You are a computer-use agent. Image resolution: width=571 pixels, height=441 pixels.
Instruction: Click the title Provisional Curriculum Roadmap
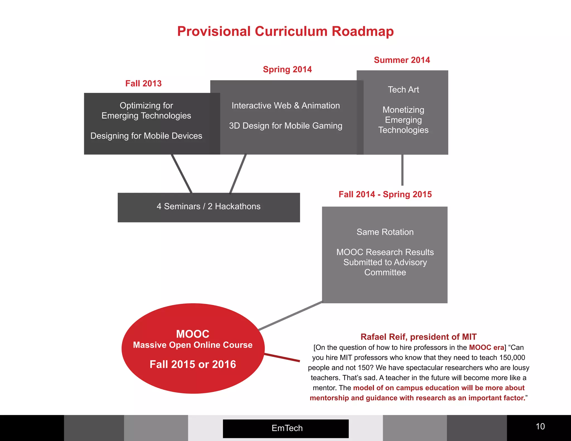pyautogui.click(x=285, y=31)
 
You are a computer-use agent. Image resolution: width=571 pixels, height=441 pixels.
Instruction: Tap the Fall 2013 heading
pyautogui.click(x=143, y=83)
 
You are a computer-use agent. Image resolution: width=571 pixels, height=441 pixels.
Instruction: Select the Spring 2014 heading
pyautogui.click(x=287, y=69)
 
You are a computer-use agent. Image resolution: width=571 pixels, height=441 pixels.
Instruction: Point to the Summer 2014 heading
pyautogui.click(x=402, y=60)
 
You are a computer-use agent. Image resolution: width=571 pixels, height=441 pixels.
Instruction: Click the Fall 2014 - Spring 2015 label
pyautogui.click(x=385, y=194)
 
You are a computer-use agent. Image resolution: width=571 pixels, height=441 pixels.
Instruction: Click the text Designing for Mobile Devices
pyautogui.click(x=146, y=136)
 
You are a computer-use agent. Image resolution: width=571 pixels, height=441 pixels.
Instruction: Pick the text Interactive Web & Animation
pyautogui.click(x=285, y=106)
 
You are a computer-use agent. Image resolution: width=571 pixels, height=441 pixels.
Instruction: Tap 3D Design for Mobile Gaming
pyautogui.click(x=285, y=126)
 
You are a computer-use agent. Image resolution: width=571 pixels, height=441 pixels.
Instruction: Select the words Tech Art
pyautogui.click(x=403, y=89)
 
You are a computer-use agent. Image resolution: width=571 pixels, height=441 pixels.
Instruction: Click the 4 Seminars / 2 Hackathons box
pyautogui.click(x=209, y=207)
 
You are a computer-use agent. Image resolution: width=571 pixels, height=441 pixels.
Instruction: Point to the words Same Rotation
pyautogui.click(x=385, y=232)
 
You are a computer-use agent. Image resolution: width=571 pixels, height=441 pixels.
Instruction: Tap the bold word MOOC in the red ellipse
pyautogui.click(x=193, y=334)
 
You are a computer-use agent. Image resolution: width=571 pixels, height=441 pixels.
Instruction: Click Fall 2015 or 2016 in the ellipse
pyautogui.click(x=193, y=364)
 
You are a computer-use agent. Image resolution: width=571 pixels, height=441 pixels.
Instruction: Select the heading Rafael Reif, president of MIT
pyautogui.click(x=418, y=337)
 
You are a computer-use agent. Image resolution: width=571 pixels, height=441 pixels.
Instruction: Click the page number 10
pyautogui.click(x=540, y=426)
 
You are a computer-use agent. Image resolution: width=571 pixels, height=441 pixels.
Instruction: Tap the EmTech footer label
pyautogui.click(x=287, y=428)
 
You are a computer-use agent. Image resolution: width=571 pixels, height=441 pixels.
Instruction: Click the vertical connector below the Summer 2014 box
pyautogui.click(x=402, y=170)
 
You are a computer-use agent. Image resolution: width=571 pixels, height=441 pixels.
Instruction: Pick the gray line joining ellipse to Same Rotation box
pyautogui.click(x=290, y=316)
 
